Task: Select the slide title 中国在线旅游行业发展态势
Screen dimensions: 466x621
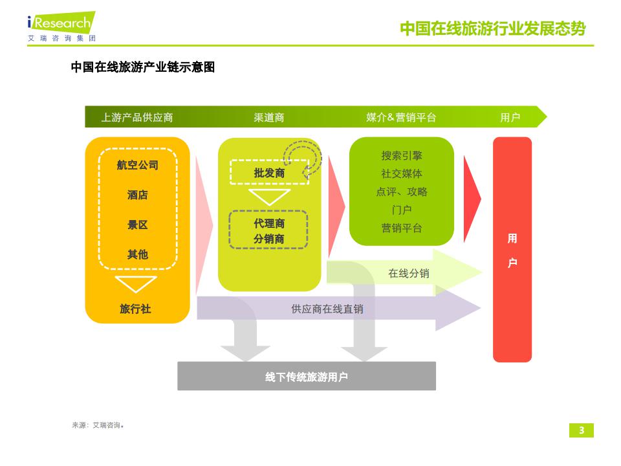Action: (x=492, y=29)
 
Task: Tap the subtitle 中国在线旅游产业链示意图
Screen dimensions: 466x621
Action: (x=142, y=67)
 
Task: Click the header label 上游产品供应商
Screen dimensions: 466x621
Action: (x=136, y=118)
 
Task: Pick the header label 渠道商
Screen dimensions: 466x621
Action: (x=268, y=118)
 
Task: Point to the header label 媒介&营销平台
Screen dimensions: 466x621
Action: (x=401, y=118)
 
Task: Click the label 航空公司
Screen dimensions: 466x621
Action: (x=137, y=165)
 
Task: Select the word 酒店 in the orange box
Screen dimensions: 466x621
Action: (x=137, y=195)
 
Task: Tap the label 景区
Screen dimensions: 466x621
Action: (x=137, y=225)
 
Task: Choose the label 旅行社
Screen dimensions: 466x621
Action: (x=135, y=309)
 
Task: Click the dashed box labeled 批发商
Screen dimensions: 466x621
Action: (x=268, y=173)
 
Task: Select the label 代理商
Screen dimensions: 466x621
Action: (x=268, y=223)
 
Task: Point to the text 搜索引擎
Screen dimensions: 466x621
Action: (x=401, y=156)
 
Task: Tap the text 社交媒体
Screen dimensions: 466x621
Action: (x=401, y=173)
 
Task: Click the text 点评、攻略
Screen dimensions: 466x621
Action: (x=401, y=192)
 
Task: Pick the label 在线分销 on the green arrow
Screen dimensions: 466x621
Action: (x=408, y=273)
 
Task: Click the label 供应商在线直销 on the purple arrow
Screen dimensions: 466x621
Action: (x=327, y=309)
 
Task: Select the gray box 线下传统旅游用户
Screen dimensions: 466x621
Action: (x=306, y=377)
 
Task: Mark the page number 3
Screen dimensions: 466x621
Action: (x=581, y=430)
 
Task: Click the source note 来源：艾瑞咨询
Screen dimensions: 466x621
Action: (x=97, y=425)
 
